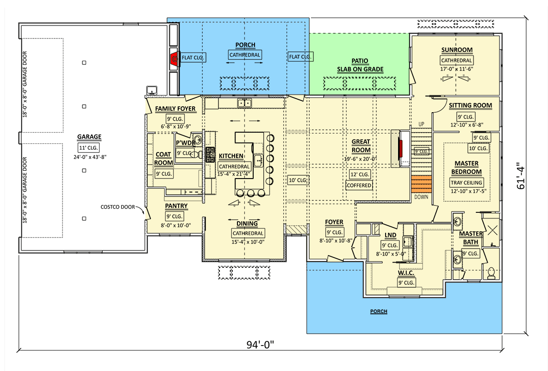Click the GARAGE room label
(89, 137)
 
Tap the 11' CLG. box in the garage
(89, 147)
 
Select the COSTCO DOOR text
(117, 207)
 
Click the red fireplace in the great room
(401, 148)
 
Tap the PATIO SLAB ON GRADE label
(360, 65)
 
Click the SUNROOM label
(456, 50)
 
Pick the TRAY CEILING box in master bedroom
(466, 182)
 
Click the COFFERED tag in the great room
(359, 185)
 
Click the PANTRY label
(176, 206)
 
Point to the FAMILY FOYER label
(175, 109)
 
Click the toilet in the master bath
(491, 273)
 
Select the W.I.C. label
(406, 273)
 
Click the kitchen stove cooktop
(211, 154)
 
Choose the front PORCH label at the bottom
(379, 311)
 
